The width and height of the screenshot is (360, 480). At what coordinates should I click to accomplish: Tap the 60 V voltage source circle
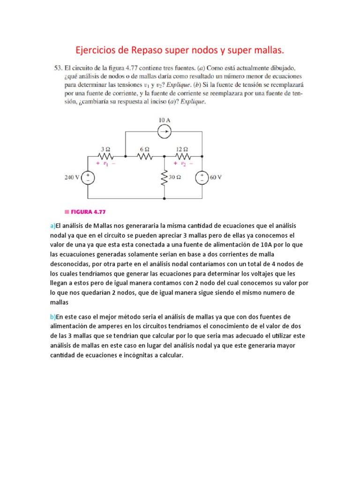(x=202, y=178)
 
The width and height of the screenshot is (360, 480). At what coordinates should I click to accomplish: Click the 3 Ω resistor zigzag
(x=106, y=156)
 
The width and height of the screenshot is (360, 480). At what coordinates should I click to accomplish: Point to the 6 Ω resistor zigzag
(x=145, y=156)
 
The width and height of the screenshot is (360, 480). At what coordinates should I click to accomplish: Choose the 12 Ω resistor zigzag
(x=183, y=156)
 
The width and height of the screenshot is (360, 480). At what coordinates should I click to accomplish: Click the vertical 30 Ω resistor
(x=165, y=178)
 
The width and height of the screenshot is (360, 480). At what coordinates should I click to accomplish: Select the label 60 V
(x=216, y=178)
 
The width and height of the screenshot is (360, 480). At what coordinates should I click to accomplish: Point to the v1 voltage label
(x=105, y=164)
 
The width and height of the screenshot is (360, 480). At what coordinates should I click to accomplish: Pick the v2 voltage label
(x=183, y=164)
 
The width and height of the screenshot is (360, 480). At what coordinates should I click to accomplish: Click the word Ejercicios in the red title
(x=96, y=49)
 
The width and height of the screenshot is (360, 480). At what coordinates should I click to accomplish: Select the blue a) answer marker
(x=52, y=226)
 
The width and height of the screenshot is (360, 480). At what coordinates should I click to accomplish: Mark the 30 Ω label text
(x=176, y=178)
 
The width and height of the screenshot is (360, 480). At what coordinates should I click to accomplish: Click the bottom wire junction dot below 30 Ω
(x=165, y=199)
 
